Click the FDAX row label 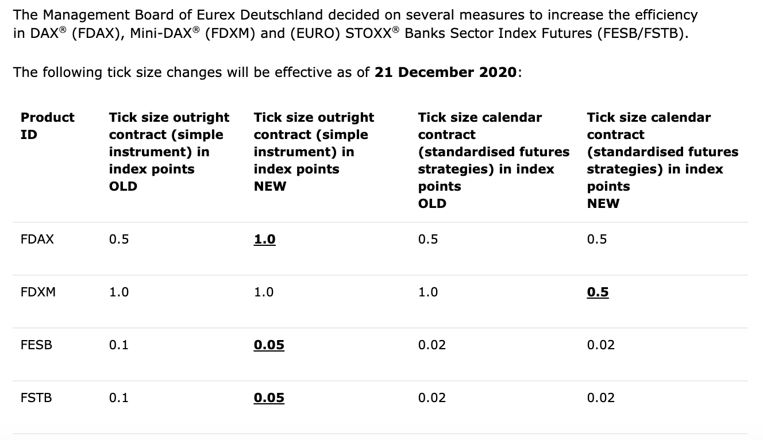(37, 239)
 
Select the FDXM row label (38, 292)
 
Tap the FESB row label (36, 345)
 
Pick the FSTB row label (36, 397)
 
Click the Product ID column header (47, 126)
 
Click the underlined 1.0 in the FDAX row (264, 240)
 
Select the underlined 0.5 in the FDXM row (598, 292)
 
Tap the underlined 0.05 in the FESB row (269, 345)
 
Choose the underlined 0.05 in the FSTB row (269, 397)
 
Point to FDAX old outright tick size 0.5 (119, 239)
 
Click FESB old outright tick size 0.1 (118, 345)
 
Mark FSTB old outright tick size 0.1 (118, 397)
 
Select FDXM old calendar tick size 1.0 (428, 292)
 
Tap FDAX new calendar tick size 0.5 (597, 239)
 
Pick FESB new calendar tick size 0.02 (601, 345)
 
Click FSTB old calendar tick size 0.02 (432, 397)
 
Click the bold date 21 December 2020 (445, 72)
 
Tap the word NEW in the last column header (603, 203)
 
